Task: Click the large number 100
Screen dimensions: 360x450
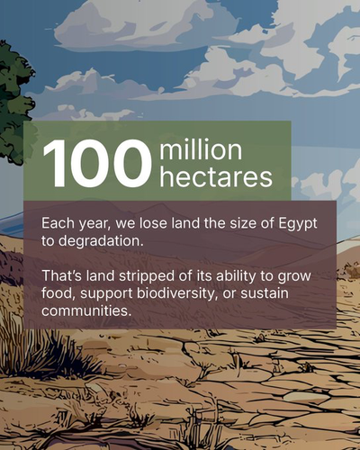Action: click(x=96, y=164)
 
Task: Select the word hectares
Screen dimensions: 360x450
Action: click(x=216, y=177)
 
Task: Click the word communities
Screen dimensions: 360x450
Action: click(x=86, y=310)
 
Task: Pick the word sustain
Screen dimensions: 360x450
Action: click(x=265, y=293)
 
